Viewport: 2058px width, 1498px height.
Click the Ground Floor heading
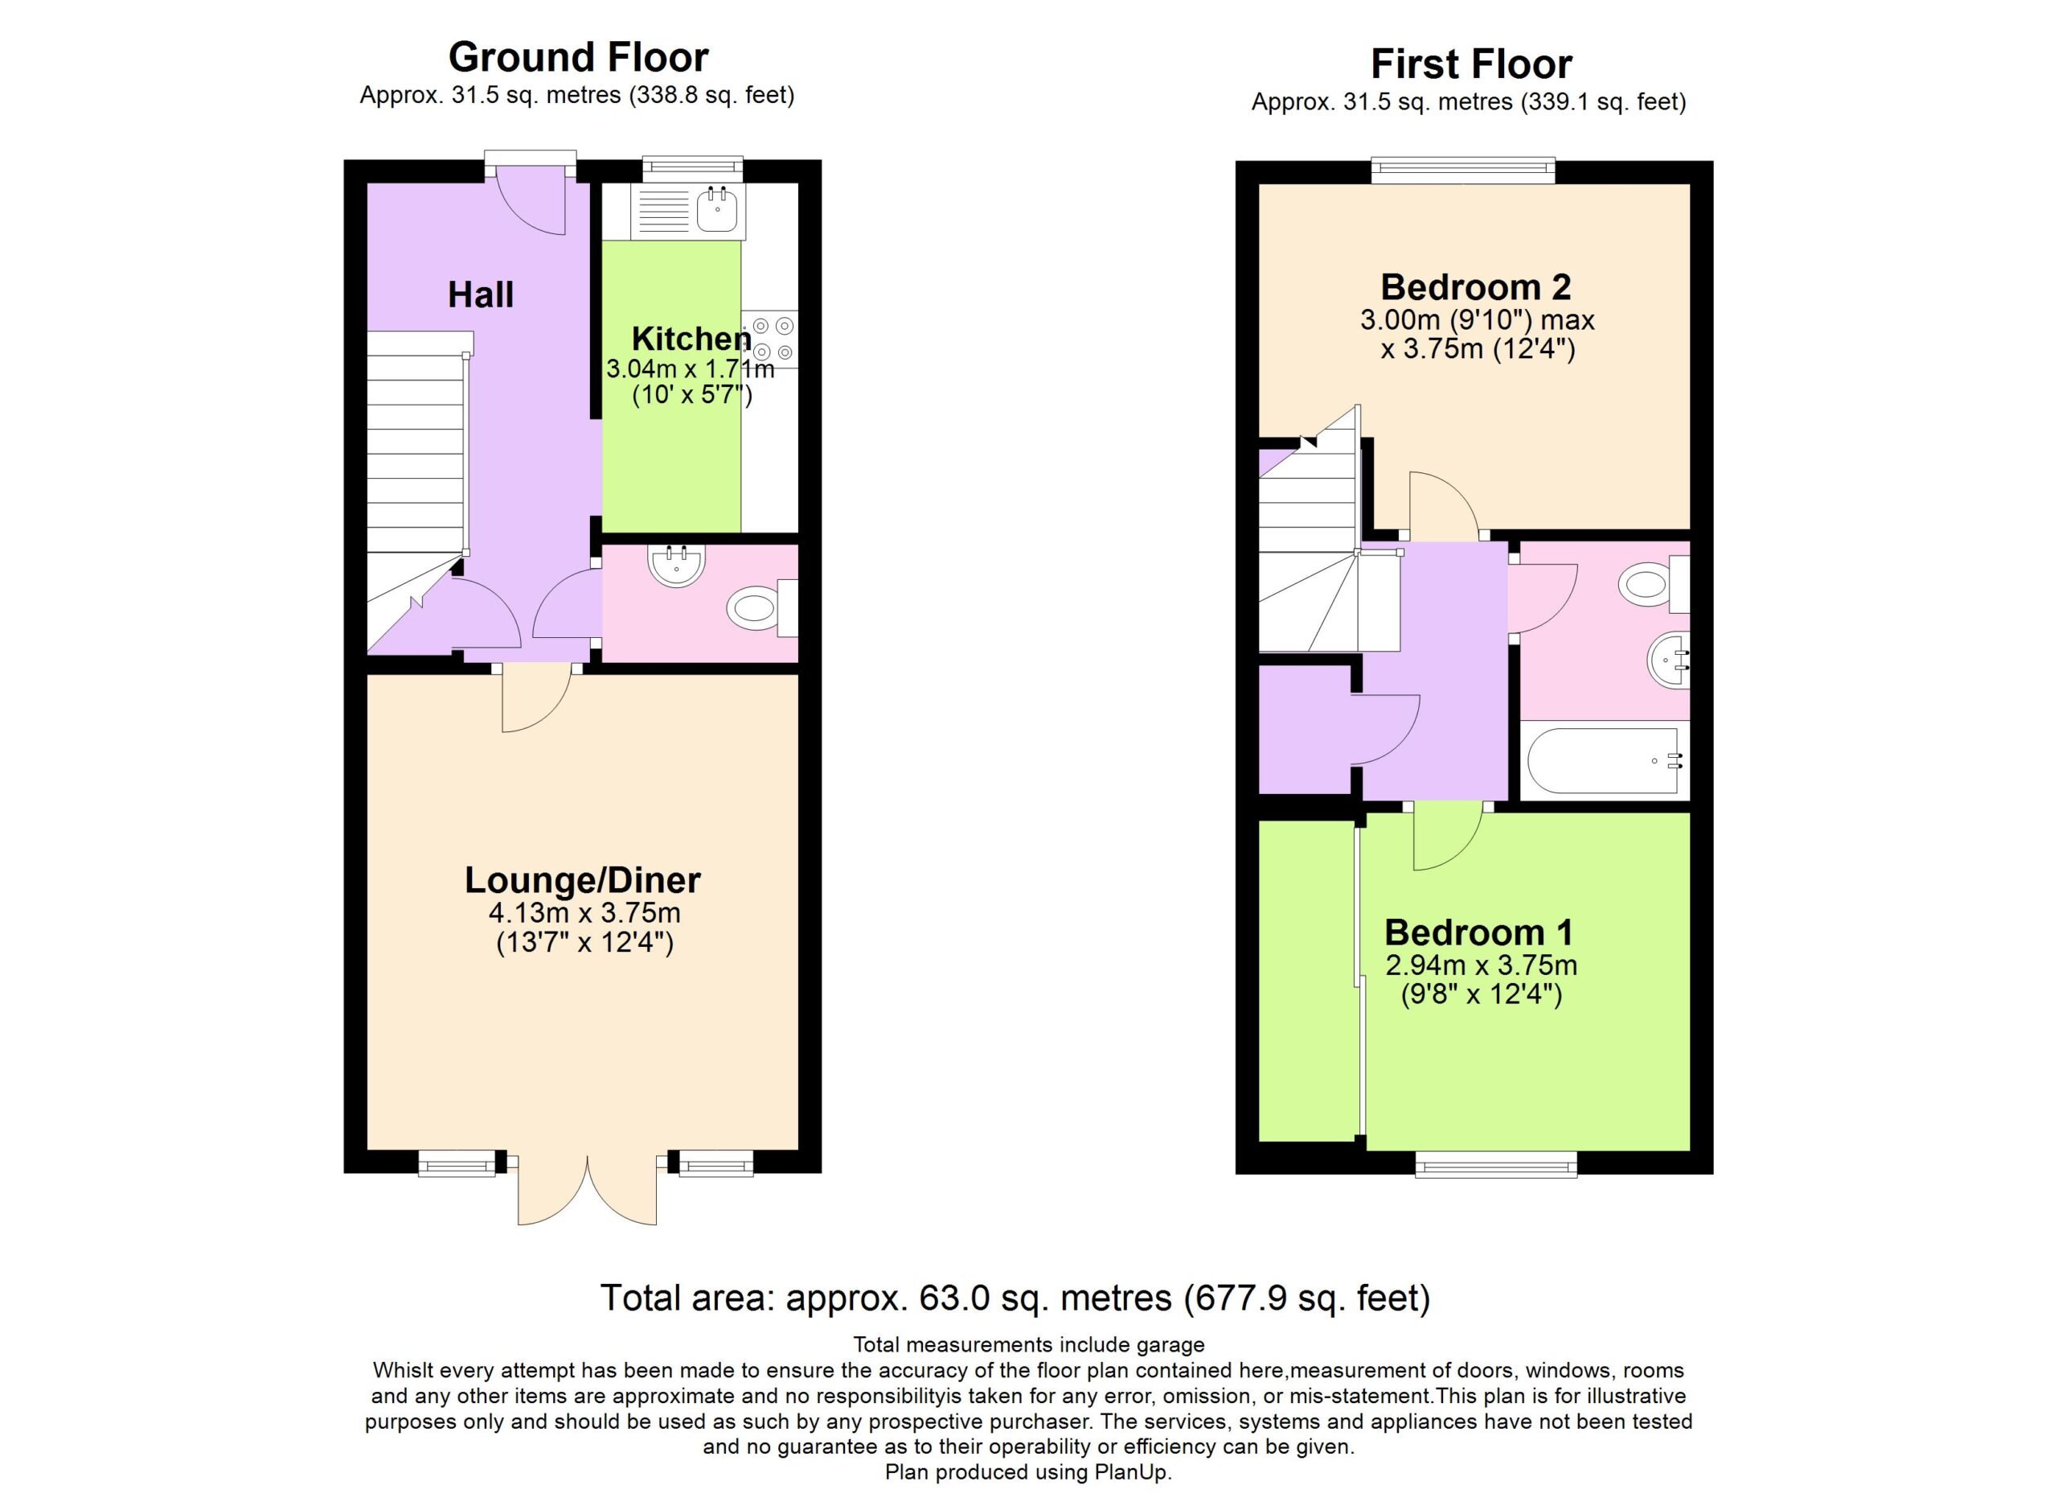click(x=578, y=57)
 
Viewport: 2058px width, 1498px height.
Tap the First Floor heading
click(x=1471, y=64)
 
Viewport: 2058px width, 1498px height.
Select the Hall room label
click(x=481, y=295)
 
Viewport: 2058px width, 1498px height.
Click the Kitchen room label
click(x=691, y=339)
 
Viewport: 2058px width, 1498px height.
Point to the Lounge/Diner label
click(x=583, y=881)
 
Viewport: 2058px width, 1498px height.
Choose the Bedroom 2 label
click(x=1476, y=287)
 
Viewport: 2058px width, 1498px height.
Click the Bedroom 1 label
click(x=1479, y=932)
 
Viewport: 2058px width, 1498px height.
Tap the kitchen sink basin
click(x=717, y=211)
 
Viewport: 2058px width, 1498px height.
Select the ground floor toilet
click(x=762, y=607)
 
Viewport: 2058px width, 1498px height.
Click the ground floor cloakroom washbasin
click(x=676, y=566)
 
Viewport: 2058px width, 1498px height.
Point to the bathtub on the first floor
click(x=1605, y=761)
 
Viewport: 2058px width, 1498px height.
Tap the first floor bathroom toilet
click(x=1654, y=582)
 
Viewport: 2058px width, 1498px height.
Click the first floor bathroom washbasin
click(x=1669, y=661)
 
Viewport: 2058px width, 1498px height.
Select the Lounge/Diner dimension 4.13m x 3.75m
click(x=584, y=912)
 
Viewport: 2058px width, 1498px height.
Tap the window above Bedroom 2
click(x=1463, y=170)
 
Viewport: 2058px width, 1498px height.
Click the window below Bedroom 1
click(x=1496, y=1165)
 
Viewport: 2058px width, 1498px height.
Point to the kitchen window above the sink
click(x=692, y=169)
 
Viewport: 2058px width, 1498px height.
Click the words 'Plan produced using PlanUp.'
click(x=1028, y=1471)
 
